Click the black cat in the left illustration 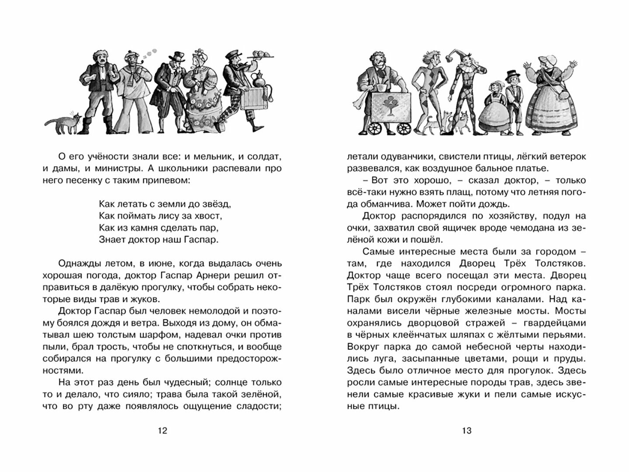click(x=64, y=124)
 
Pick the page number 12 click(x=162, y=431)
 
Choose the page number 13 click(x=467, y=431)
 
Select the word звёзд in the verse click(x=215, y=204)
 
